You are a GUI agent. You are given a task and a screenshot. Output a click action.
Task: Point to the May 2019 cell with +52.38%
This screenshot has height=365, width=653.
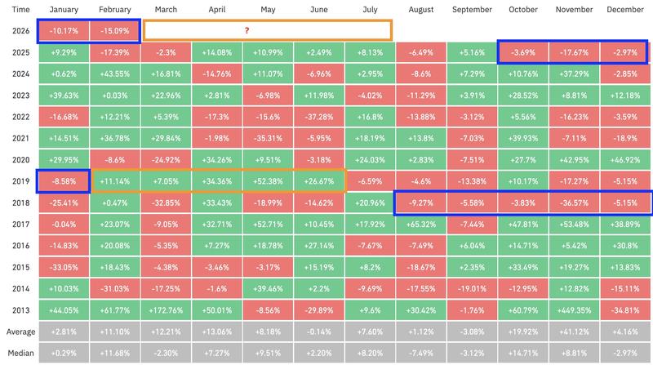[x=269, y=180]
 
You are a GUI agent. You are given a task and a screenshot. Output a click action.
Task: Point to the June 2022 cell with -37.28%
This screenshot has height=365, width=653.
[x=320, y=116]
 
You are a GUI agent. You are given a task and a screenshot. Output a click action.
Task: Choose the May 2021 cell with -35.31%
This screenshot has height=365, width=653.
[x=269, y=137]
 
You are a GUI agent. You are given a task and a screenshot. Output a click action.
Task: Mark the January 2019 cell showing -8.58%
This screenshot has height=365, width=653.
[x=64, y=180]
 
